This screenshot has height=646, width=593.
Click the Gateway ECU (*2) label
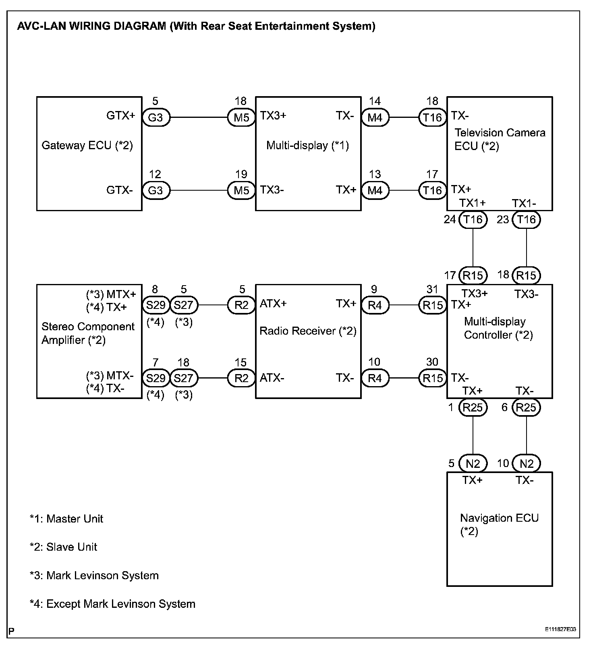pyautogui.click(x=87, y=145)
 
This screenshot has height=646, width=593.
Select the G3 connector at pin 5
pyautogui.click(x=156, y=117)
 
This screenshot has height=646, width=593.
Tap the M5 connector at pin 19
pyautogui.click(x=241, y=190)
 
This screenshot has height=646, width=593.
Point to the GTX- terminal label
pyautogui.click(x=119, y=190)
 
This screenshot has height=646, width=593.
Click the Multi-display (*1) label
pyautogui.click(x=307, y=145)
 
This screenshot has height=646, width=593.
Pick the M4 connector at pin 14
pyautogui.click(x=375, y=117)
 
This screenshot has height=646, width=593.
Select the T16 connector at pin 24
pyautogui.click(x=473, y=220)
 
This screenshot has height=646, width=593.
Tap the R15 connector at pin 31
pyautogui.click(x=433, y=305)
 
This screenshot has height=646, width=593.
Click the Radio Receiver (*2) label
pyautogui.click(x=308, y=331)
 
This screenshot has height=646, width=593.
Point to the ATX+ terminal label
pyautogui.click(x=273, y=304)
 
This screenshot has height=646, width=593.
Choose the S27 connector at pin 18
pyautogui.click(x=184, y=378)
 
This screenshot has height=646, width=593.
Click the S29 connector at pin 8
pyautogui.click(x=156, y=305)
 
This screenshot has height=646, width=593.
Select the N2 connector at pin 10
pyautogui.click(x=526, y=464)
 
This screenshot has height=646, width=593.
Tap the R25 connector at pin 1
pyautogui.click(x=473, y=407)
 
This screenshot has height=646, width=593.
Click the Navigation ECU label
pyautogui.click(x=499, y=518)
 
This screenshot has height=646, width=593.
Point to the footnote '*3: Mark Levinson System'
pyautogui.click(x=94, y=576)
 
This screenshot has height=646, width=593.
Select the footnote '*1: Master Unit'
pyautogui.click(x=66, y=519)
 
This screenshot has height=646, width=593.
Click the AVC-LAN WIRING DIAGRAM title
pyautogui.click(x=196, y=27)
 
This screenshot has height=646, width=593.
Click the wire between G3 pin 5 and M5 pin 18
pyautogui.click(x=199, y=117)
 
